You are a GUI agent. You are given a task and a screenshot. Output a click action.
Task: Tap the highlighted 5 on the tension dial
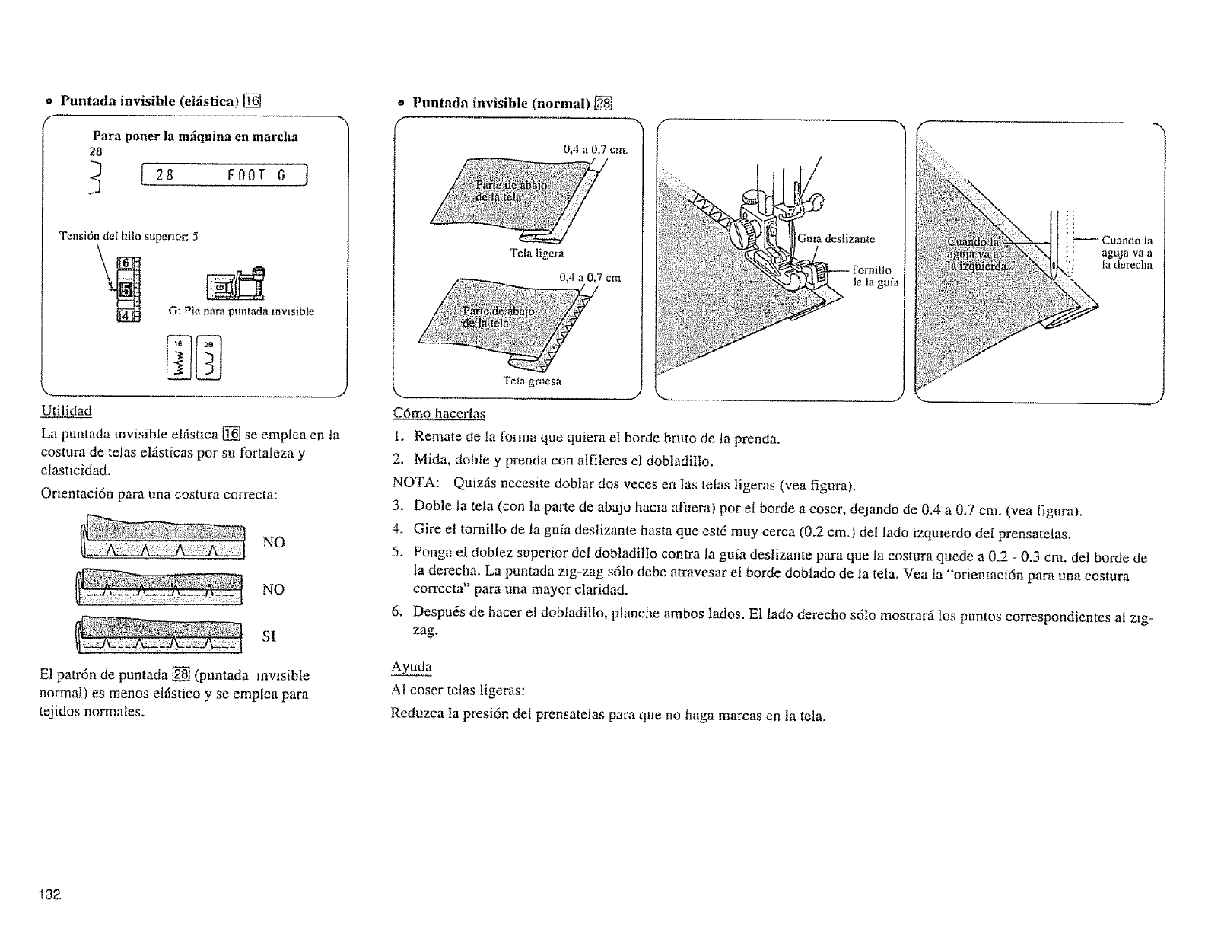tap(126, 289)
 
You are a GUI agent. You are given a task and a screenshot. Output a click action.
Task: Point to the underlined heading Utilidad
tap(65, 411)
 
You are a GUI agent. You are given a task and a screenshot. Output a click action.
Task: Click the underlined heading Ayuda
tap(412, 667)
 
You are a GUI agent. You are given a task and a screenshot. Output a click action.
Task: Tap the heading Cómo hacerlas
tap(439, 413)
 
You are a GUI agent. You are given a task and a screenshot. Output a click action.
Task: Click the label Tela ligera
tap(537, 253)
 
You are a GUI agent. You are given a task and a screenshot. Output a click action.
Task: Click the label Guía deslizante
tap(837, 238)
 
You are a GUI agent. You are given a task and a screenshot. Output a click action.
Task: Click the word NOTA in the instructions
tap(414, 483)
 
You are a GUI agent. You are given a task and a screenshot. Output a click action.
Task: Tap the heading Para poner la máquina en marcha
tap(195, 137)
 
